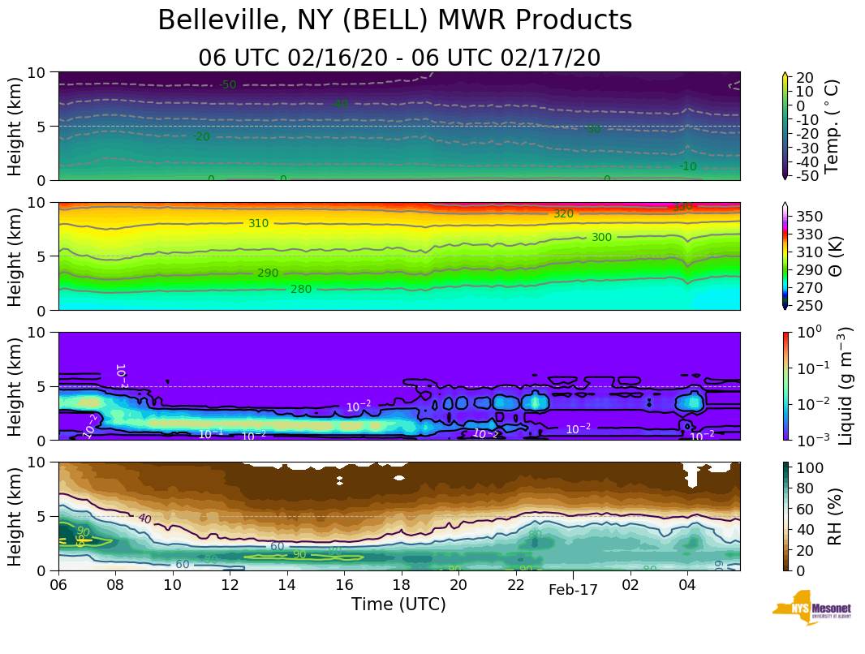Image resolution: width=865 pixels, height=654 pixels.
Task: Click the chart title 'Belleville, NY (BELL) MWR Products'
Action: click(x=394, y=20)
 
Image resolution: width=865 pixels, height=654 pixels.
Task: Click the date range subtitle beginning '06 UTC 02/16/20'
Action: click(x=398, y=58)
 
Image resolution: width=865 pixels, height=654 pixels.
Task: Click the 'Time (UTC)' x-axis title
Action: click(x=398, y=605)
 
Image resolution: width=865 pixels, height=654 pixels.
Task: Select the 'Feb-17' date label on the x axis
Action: click(x=573, y=590)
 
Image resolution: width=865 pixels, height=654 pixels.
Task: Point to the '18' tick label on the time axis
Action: click(x=401, y=584)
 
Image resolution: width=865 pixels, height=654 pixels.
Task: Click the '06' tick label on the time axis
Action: click(x=58, y=584)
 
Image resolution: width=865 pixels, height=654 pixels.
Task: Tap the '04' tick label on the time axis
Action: click(x=687, y=584)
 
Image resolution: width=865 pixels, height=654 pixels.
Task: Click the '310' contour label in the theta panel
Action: click(x=258, y=224)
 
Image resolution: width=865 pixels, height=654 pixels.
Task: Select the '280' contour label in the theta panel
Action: click(x=301, y=290)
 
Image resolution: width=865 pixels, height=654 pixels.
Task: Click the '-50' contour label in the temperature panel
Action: click(x=227, y=85)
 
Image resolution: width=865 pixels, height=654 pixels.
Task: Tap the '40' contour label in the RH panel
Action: click(x=144, y=519)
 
